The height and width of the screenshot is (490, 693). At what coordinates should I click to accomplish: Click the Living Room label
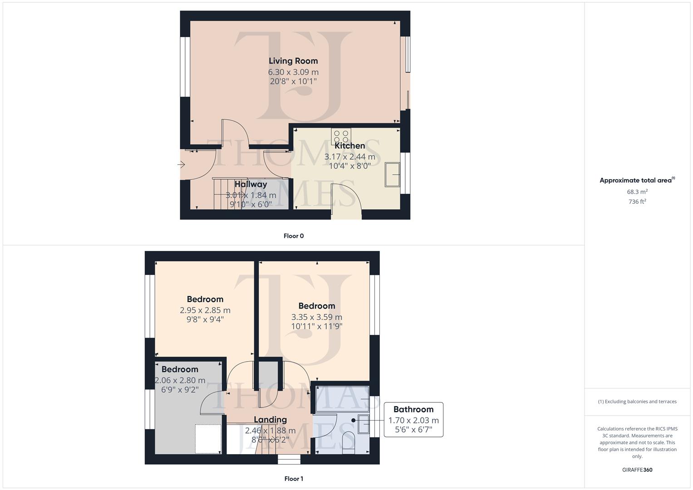click(x=293, y=61)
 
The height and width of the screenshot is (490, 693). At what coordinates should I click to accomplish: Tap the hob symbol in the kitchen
click(x=341, y=136)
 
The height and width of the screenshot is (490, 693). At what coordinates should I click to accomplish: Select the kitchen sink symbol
click(x=393, y=174)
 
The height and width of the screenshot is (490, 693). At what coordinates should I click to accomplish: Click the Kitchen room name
click(x=349, y=146)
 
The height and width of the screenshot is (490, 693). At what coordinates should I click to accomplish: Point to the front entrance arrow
click(x=181, y=165)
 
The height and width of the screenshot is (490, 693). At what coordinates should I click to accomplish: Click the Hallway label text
click(x=251, y=184)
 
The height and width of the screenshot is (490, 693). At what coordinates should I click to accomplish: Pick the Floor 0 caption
click(x=294, y=236)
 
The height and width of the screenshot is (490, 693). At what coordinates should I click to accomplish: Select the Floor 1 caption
click(x=294, y=479)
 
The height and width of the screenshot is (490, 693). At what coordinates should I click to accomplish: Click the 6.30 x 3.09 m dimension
click(x=293, y=72)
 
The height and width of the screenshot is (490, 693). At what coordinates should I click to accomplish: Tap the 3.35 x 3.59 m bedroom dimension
click(x=316, y=317)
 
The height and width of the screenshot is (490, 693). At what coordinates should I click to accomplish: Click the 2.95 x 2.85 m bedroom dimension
click(x=205, y=310)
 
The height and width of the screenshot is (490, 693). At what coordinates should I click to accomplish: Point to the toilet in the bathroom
click(x=349, y=441)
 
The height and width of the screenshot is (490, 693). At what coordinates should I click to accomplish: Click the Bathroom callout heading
click(x=413, y=409)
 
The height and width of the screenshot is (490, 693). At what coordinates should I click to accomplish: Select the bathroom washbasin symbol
click(x=364, y=424)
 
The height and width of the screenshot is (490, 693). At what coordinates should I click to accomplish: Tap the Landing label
click(x=270, y=420)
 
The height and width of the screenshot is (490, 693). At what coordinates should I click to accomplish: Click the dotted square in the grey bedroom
click(x=208, y=438)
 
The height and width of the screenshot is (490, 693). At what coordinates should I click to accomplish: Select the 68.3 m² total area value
click(x=637, y=192)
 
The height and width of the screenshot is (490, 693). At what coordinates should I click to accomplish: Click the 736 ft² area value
click(x=637, y=202)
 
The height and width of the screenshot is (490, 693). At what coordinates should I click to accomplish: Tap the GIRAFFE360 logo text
click(x=637, y=470)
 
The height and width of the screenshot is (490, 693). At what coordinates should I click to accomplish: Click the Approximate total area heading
click(x=637, y=180)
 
